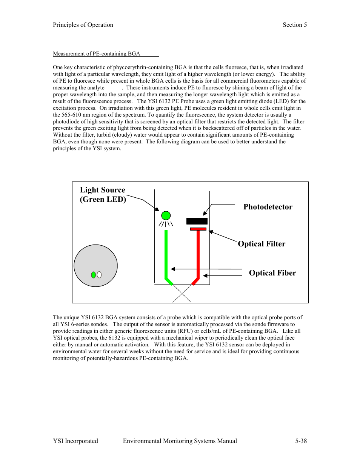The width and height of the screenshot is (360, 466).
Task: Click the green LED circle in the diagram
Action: [x=166, y=215]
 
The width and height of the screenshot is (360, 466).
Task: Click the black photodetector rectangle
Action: [x=197, y=221]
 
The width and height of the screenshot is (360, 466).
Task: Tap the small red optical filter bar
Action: [x=198, y=229]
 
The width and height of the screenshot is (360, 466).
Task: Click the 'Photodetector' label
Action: [x=268, y=207]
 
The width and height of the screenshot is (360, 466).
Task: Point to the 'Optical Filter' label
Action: [x=262, y=244]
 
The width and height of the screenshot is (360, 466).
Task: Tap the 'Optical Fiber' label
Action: [x=272, y=273]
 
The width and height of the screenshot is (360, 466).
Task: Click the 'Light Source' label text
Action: [x=102, y=190]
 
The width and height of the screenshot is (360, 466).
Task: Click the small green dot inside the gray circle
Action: [x=94, y=275]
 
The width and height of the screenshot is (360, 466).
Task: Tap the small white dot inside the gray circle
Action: [x=99, y=275]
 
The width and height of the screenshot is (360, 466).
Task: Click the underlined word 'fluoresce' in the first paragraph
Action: [x=236, y=67]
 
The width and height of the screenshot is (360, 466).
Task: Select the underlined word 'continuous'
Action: [x=286, y=351]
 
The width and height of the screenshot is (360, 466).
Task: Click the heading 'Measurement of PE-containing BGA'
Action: [x=97, y=54]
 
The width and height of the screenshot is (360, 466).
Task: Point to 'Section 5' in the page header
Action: [x=295, y=25]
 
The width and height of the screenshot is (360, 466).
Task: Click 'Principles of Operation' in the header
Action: [x=83, y=25]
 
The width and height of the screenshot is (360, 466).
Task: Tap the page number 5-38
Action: [x=301, y=441]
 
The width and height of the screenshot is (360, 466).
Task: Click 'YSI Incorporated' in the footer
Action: [x=75, y=441]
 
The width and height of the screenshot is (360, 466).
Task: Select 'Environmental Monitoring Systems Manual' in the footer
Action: [x=180, y=441]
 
